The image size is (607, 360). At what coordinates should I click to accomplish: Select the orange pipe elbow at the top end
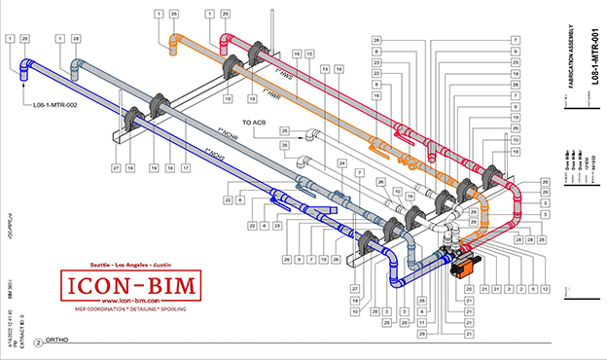[176, 41]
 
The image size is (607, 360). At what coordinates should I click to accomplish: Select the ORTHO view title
[60, 342]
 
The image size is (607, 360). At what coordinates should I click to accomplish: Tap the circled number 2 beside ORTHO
[38, 342]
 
